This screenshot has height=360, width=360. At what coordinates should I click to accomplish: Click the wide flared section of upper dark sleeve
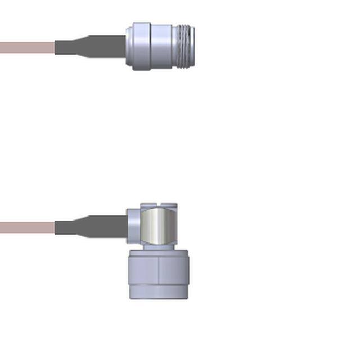[112, 47]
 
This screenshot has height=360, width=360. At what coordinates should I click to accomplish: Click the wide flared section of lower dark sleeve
[112, 227]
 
